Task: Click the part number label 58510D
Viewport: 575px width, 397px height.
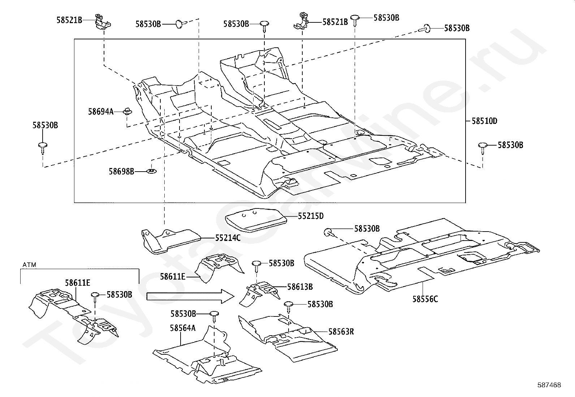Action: pyautogui.click(x=484, y=121)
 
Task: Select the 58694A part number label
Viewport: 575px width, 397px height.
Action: pyautogui.click(x=101, y=112)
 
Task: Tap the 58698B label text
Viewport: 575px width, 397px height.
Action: pyautogui.click(x=121, y=171)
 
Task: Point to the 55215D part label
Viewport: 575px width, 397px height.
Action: pyautogui.click(x=311, y=216)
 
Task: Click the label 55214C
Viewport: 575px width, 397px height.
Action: pyautogui.click(x=228, y=238)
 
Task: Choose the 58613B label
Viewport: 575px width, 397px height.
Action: pyautogui.click(x=300, y=286)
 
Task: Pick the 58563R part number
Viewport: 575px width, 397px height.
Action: pyautogui.click(x=341, y=332)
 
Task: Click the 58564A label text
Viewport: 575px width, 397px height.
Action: pyautogui.click(x=182, y=328)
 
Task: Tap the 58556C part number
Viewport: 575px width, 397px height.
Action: pyautogui.click(x=425, y=299)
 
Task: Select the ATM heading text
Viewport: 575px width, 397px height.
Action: pyautogui.click(x=29, y=265)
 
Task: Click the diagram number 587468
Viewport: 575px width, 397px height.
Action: pyautogui.click(x=549, y=385)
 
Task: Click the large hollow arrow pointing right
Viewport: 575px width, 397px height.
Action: pyautogui.click(x=190, y=296)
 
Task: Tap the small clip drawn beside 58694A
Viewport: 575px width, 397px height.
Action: pyautogui.click(x=127, y=112)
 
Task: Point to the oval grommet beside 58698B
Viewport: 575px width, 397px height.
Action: pyautogui.click(x=151, y=171)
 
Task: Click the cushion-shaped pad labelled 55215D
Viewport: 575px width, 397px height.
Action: pyautogui.click(x=256, y=220)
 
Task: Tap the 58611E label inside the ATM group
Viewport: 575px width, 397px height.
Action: pyautogui.click(x=78, y=283)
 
